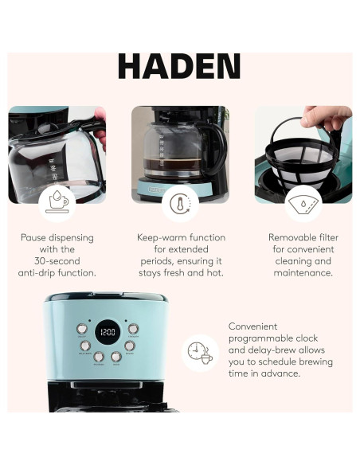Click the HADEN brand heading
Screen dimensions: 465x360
179,66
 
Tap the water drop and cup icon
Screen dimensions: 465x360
57,203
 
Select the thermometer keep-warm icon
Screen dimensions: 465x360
180,204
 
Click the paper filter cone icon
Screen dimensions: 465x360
303,203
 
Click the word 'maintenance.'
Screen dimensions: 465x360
303,272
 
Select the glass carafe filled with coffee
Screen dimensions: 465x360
171,150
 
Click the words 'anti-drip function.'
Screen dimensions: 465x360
57,272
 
